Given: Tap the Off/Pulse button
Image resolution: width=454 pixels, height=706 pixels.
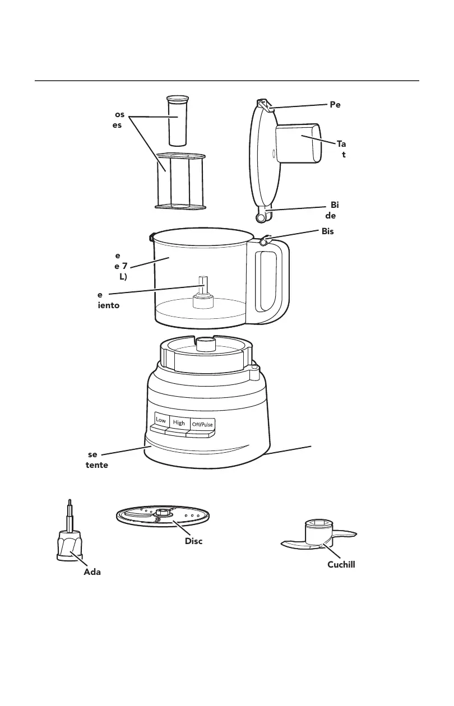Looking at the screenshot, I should [202, 424].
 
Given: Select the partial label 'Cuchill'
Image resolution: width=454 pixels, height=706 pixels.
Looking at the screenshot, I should [341, 565].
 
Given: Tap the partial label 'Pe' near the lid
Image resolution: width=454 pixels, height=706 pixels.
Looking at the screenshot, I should [335, 104].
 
